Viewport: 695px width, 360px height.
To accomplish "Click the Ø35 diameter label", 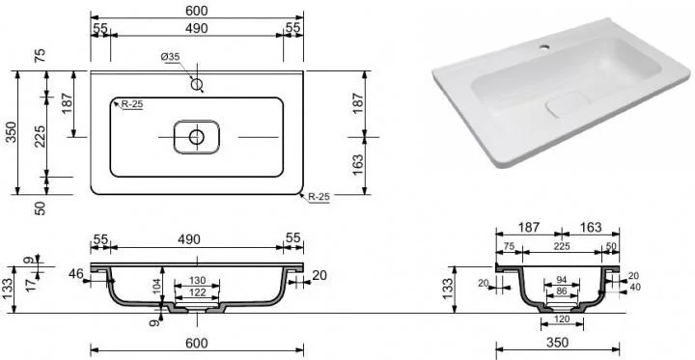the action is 170,57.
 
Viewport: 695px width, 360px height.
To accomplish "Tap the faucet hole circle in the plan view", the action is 197,84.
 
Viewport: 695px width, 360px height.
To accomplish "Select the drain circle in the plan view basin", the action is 196,137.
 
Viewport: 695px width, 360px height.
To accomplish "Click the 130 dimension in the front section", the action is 197,280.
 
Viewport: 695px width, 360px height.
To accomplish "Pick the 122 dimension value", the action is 197,292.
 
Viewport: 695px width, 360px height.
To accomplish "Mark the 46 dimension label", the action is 76,274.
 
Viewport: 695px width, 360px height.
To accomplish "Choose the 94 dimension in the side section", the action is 562,279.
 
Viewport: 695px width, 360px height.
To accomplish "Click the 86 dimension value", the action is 562,291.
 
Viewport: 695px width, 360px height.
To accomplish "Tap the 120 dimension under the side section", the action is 562,319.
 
